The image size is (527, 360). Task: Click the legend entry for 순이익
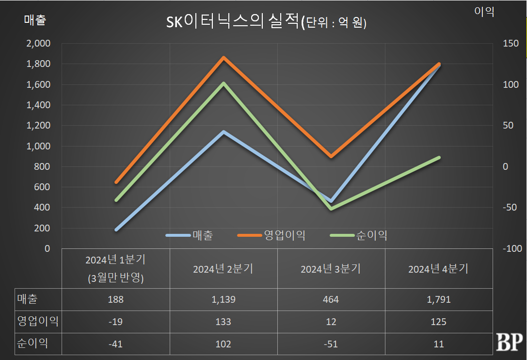click(x=372, y=235)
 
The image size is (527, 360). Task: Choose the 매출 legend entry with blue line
click(x=202, y=235)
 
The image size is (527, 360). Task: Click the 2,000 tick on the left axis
click(x=38, y=44)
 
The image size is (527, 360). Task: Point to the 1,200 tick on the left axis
click(x=38, y=126)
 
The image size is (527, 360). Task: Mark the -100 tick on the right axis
click(x=512, y=248)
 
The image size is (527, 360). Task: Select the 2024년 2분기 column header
click(x=223, y=269)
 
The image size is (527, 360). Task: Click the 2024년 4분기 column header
click(x=438, y=269)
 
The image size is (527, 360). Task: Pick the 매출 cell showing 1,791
click(x=438, y=299)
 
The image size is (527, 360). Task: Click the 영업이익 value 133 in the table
click(x=223, y=322)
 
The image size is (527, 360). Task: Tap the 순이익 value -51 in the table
click(x=331, y=344)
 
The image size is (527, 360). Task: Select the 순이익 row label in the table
click(x=32, y=344)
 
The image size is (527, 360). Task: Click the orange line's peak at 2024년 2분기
click(x=224, y=58)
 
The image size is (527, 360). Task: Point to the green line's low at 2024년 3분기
click(x=331, y=209)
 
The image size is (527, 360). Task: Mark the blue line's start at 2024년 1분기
click(x=116, y=229)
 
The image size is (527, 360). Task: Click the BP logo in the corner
click(x=509, y=342)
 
